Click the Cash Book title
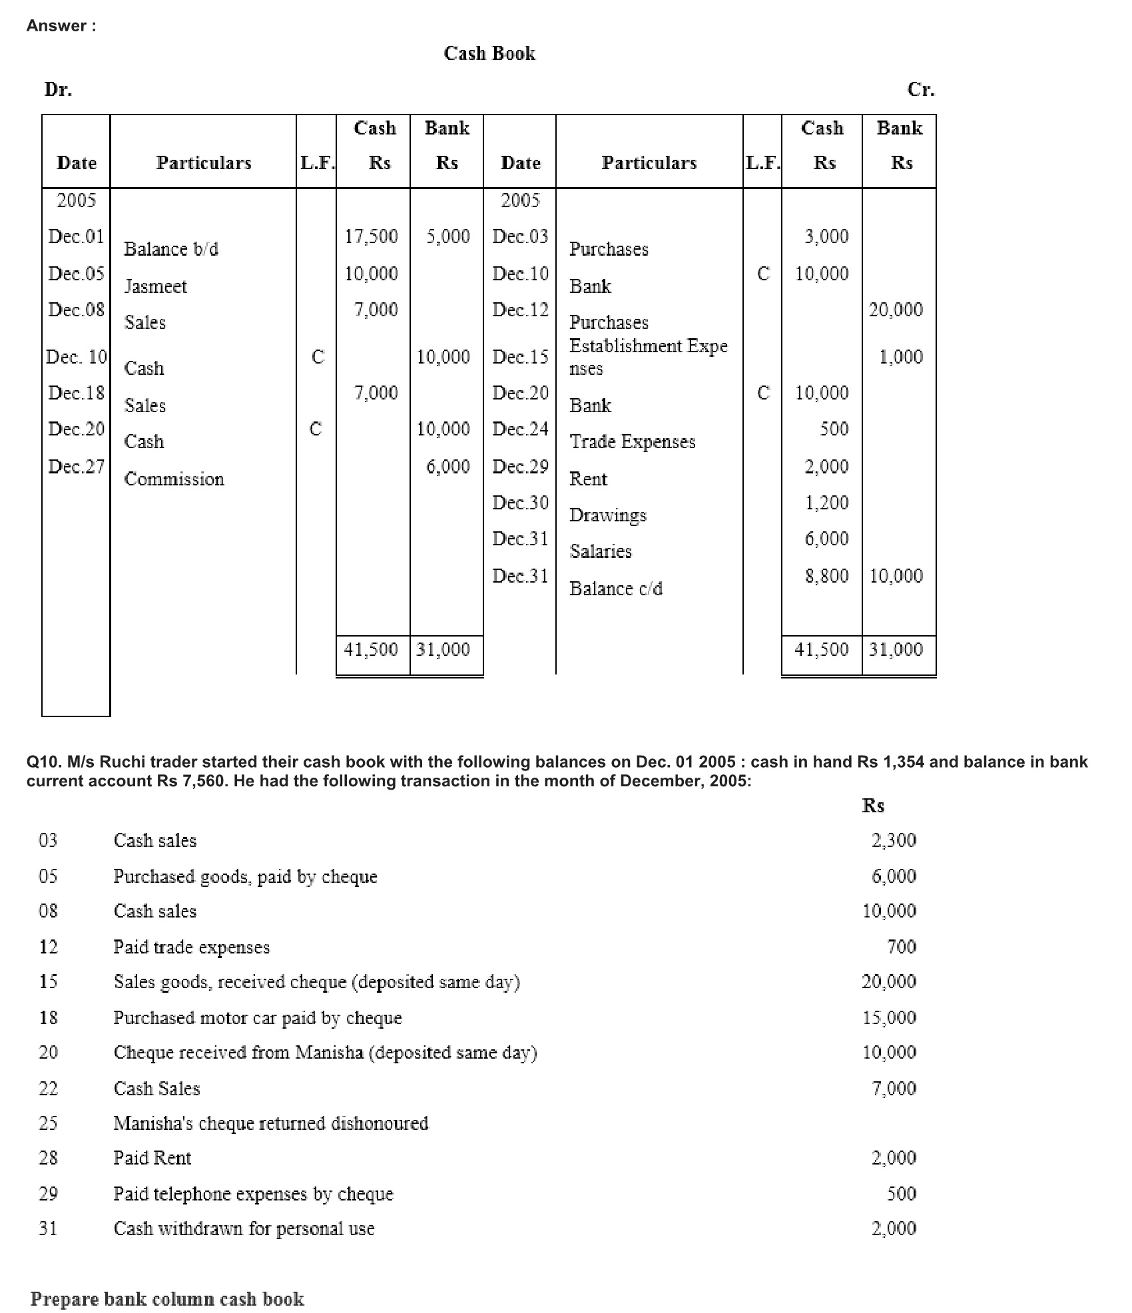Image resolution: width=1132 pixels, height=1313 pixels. click(489, 53)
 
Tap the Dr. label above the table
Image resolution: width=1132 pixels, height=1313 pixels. click(58, 89)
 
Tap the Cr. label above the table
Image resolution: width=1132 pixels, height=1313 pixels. click(920, 89)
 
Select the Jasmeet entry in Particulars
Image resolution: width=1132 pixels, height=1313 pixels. click(156, 286)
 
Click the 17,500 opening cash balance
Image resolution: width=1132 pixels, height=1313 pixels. click(371, 236)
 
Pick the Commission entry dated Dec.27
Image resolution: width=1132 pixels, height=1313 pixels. click(174, 479)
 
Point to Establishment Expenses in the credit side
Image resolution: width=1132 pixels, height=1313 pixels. click(648, 357)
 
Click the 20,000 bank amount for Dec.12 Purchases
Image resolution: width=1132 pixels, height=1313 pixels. click(896, 310)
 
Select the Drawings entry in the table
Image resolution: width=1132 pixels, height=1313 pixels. click(607, 515)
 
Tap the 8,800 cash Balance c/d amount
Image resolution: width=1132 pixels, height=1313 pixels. click(826, 576)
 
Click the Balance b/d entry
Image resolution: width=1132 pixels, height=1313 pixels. click(171, 249)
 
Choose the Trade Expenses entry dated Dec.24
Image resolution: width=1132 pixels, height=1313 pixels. click(632, 441)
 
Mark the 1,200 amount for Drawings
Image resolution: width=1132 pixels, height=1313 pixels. click(826, 503)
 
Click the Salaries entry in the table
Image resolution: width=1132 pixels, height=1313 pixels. click(600, 551)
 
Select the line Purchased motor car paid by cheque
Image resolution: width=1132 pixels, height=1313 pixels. click(258, 1017)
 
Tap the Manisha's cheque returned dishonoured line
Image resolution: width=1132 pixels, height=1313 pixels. click(271, 1123)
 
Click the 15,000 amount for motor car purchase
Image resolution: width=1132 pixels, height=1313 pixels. click(889, 1017)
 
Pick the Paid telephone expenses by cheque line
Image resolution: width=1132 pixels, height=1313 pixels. click(253, 1193)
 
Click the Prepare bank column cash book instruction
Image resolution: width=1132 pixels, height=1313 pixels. click(167, 1298)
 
